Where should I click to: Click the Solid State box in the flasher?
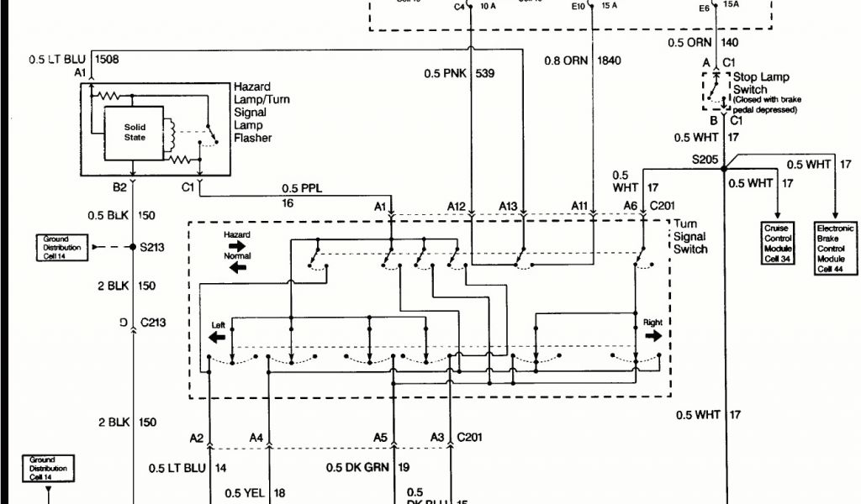click(x=135, y=132)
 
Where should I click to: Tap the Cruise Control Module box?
click(x=778, y=244)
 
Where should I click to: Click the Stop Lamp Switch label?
click(x=761, y=83)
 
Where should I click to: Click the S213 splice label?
click(x=151, y=247)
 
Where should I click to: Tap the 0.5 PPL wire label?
click(x=301, y=187)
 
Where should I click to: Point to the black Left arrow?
click(x=217, y=337)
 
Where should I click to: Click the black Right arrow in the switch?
click(x=652, y=335)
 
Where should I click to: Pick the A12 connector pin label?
click(x=457, y=206)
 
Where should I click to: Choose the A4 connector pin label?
click(x=256, y=438)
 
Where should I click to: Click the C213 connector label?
click(x=152, y=322)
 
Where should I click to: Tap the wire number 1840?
click(x=609, y=60)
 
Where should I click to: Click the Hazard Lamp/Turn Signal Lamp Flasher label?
click(x=261, y=113)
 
